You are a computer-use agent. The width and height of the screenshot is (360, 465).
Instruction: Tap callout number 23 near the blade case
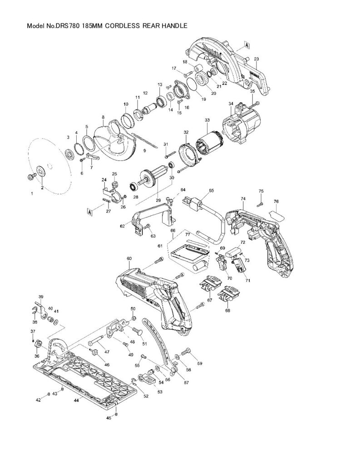(256, 59)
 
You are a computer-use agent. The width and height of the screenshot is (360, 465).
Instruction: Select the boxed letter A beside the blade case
(247, 45)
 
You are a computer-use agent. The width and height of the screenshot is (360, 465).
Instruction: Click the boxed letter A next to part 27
(89, 211)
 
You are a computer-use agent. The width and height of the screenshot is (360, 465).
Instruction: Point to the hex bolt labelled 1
(31, 178)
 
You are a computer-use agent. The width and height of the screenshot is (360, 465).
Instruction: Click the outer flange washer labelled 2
(40, 171)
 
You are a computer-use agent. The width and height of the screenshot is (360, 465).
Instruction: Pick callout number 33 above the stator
(207, 120)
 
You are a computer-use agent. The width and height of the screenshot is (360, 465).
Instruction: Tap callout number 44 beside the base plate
(77, 400)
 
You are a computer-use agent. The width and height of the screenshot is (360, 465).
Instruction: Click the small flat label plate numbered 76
(276, 214)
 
